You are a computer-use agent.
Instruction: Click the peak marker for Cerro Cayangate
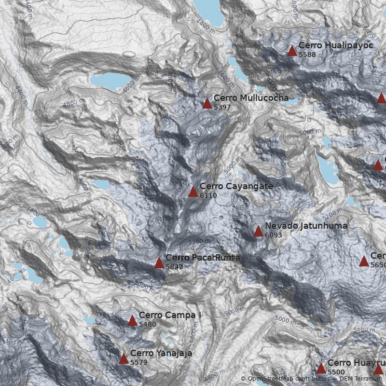(x=193, y=192)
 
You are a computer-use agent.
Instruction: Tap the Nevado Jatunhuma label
(x=306, y=225)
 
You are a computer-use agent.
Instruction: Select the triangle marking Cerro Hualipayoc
(x=292, y=51)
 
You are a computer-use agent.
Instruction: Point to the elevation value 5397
(x=222, y=107)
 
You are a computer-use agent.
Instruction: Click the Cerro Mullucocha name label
(x=251, y=98)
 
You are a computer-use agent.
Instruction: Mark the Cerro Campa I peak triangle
(x=132, y=321)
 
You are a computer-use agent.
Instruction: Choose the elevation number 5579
(x=138, y=362)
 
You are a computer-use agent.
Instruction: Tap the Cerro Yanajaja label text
(x=161, y=353)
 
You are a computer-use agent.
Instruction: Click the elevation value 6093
(x=273, y=235)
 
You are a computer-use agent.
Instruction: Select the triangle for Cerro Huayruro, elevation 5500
(x=321, y=369)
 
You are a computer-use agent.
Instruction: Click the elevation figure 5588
(x=307, y=55)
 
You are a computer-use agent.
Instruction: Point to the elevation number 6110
(x=208, y=195)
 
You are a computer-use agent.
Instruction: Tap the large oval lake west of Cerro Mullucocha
(x=110, y=81)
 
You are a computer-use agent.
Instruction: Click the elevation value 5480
(x=147, y=324)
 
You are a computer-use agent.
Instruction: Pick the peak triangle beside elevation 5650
(x=364, y=262)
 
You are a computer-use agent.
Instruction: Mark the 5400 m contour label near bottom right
(x=364, y=330)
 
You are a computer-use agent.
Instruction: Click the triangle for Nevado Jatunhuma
(x=258, y=232)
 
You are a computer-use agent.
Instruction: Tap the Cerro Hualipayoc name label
(x=329, y=45)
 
